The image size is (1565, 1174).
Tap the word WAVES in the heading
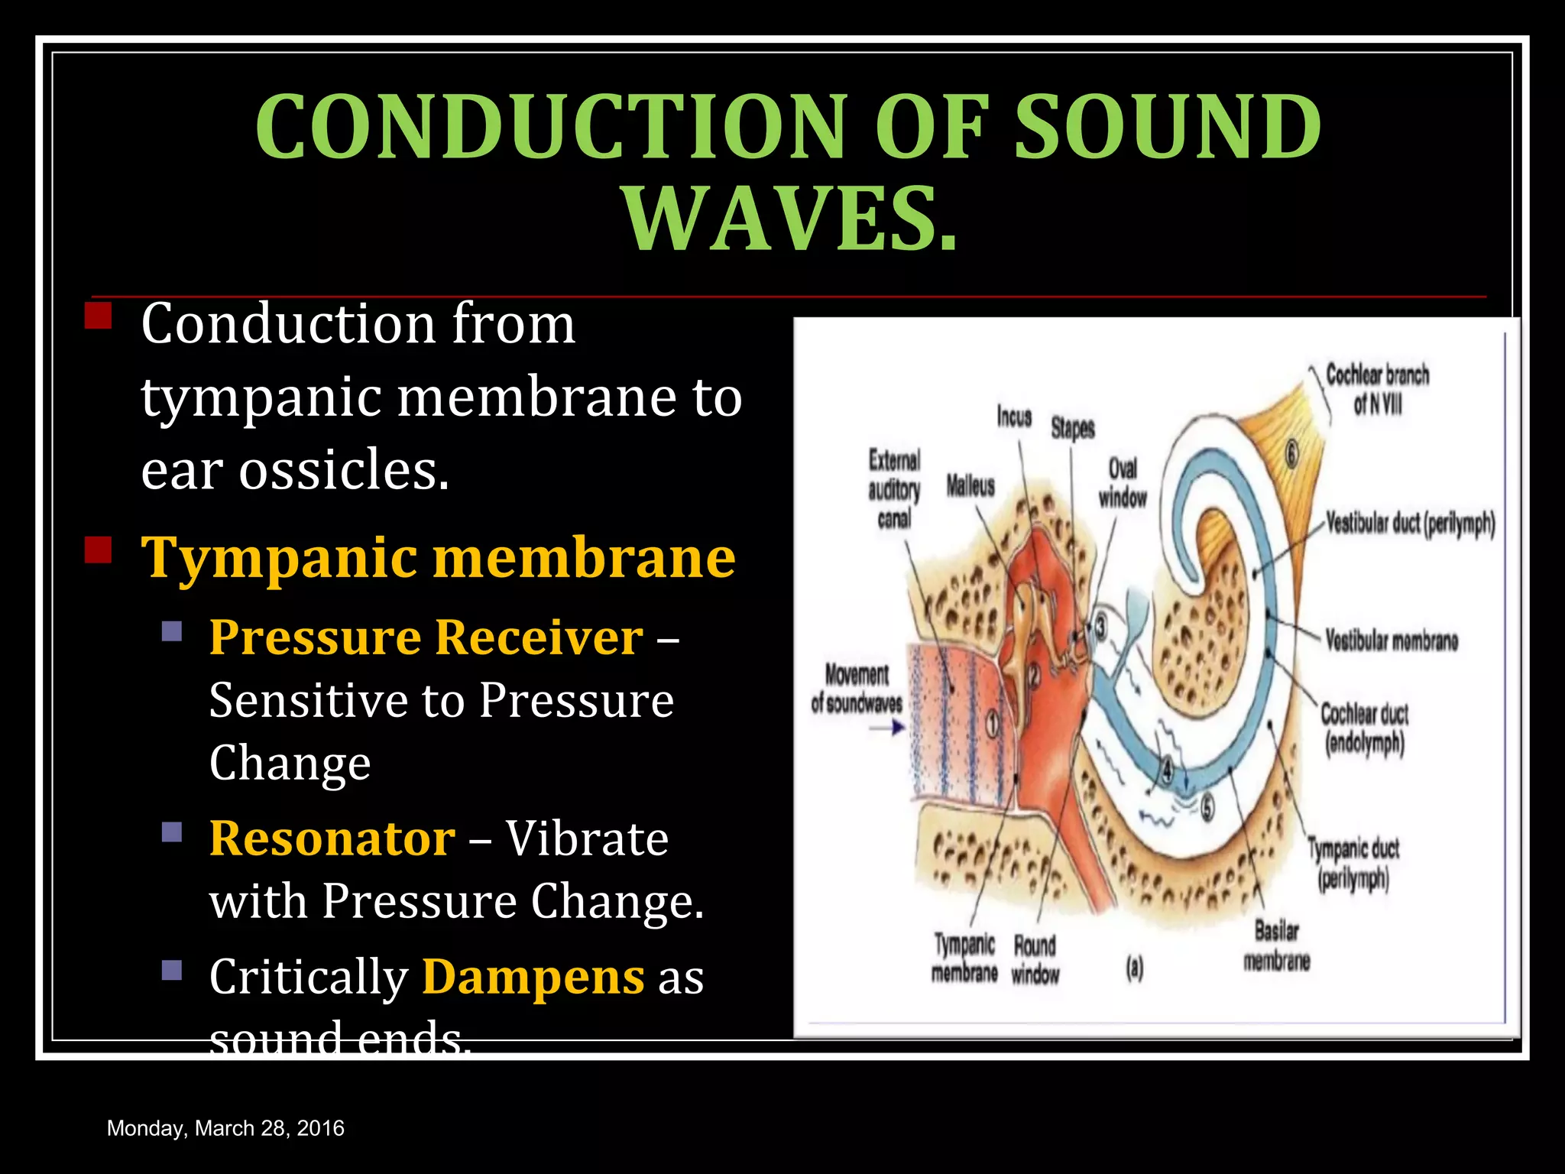(790, 219)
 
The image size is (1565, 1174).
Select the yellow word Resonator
(332, 838)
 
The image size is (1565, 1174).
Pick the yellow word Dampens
(533, 977)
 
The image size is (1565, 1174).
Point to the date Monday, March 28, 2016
(225, 1128)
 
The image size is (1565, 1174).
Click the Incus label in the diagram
(1014, 417)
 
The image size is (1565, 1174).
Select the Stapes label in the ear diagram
(1072, 428)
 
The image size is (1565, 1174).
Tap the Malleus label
(970, 485)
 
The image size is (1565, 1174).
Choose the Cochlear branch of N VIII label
(1377, 389)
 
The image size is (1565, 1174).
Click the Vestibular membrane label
(1391, 640)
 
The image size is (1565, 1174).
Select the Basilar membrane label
(1276, 945)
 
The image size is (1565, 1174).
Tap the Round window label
(1035, 959)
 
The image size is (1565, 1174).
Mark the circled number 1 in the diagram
(993, 723)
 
